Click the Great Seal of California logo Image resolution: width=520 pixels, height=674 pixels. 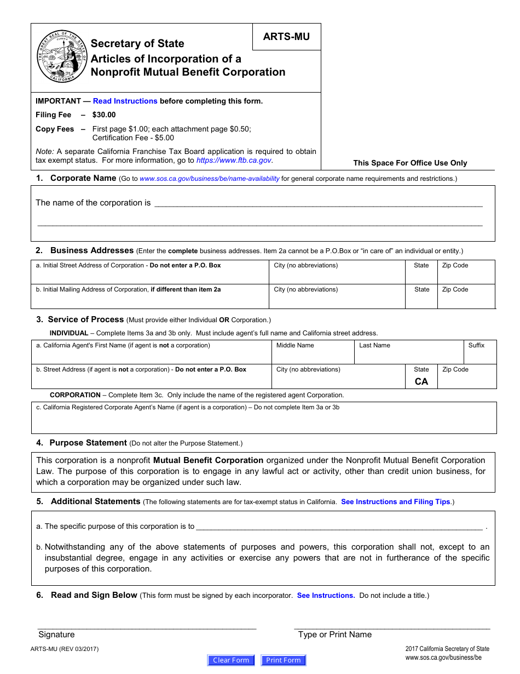62,58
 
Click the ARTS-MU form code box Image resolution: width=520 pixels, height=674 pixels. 286,37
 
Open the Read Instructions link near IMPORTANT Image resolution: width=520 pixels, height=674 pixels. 125,101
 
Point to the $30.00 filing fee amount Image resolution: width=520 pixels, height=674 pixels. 104,115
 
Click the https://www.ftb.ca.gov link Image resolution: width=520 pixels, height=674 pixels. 234,160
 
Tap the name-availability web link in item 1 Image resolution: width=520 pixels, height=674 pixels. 209,179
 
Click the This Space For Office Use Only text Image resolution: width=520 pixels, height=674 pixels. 410,163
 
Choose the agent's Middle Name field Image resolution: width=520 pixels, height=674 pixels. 313,356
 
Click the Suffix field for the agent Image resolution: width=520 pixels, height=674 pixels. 479,356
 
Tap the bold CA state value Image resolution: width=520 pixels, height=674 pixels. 421,381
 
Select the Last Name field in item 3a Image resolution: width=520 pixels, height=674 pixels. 408,356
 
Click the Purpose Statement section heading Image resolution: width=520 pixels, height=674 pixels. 88,443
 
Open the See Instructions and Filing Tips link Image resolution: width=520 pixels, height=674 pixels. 395,501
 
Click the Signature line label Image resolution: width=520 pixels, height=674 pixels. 56,635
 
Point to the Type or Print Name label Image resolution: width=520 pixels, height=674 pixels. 334,635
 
